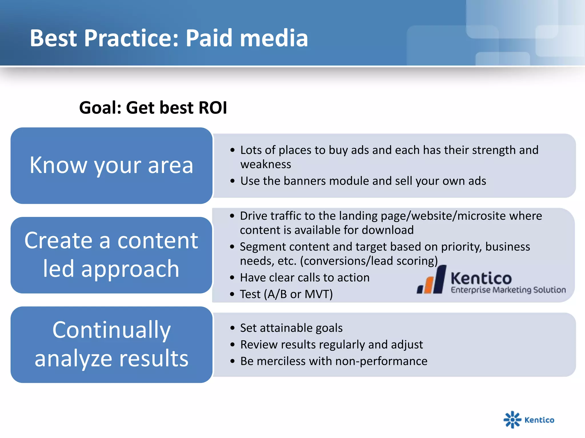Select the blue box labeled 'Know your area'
pos(111,165)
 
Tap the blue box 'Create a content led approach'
pos(111,255)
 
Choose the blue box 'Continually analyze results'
pos(111,344)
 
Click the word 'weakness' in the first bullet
pos(266,165)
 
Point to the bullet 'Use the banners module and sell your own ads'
pos(363,181)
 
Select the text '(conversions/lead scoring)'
pos(369,261)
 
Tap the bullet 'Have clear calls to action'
pos(304,277)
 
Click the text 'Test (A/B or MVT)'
pos(286,294)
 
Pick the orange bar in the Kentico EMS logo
pos(429,285)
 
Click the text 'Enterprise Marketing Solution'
pos(508,290)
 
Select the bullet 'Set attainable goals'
pos(291,328)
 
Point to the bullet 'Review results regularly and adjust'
pos(331,344)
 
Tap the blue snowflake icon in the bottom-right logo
pos(512,419)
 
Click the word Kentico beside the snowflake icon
pos(539,420)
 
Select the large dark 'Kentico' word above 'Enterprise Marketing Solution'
pos(481,278)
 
